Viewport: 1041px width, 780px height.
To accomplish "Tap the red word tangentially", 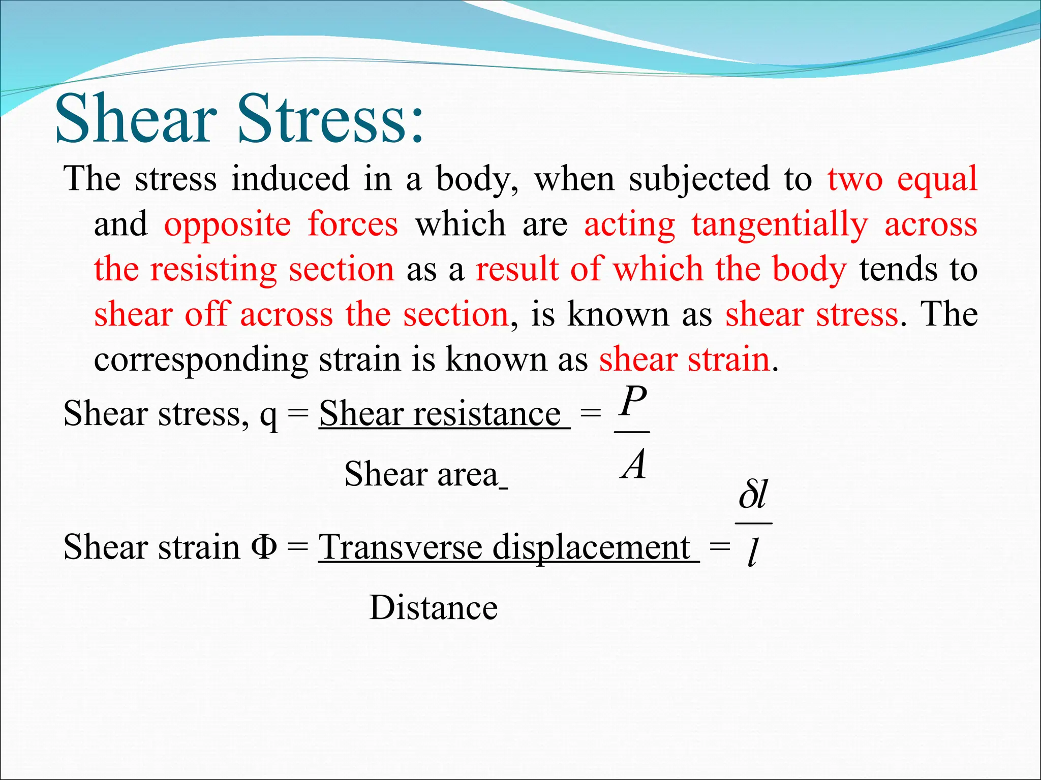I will tap(780, 225).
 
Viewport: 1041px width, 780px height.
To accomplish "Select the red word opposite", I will tap(227, 225).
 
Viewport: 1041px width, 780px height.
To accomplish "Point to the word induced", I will tap(290, 179).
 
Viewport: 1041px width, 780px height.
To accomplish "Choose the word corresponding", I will tap(201, 361).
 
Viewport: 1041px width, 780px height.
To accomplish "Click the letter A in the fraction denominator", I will tap(633, 465).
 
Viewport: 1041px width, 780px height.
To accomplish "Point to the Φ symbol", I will tap(264, 547).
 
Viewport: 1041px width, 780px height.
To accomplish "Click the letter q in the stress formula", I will tap(268, 415).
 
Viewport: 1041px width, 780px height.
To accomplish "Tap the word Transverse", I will tap(400, 547).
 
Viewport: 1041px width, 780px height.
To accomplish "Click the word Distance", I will tap(433, 607).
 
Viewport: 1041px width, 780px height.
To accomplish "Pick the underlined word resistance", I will tap(486, 414).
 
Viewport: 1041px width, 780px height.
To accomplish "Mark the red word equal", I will tap(937, 180).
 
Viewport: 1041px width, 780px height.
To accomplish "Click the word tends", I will tap(898, 269).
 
